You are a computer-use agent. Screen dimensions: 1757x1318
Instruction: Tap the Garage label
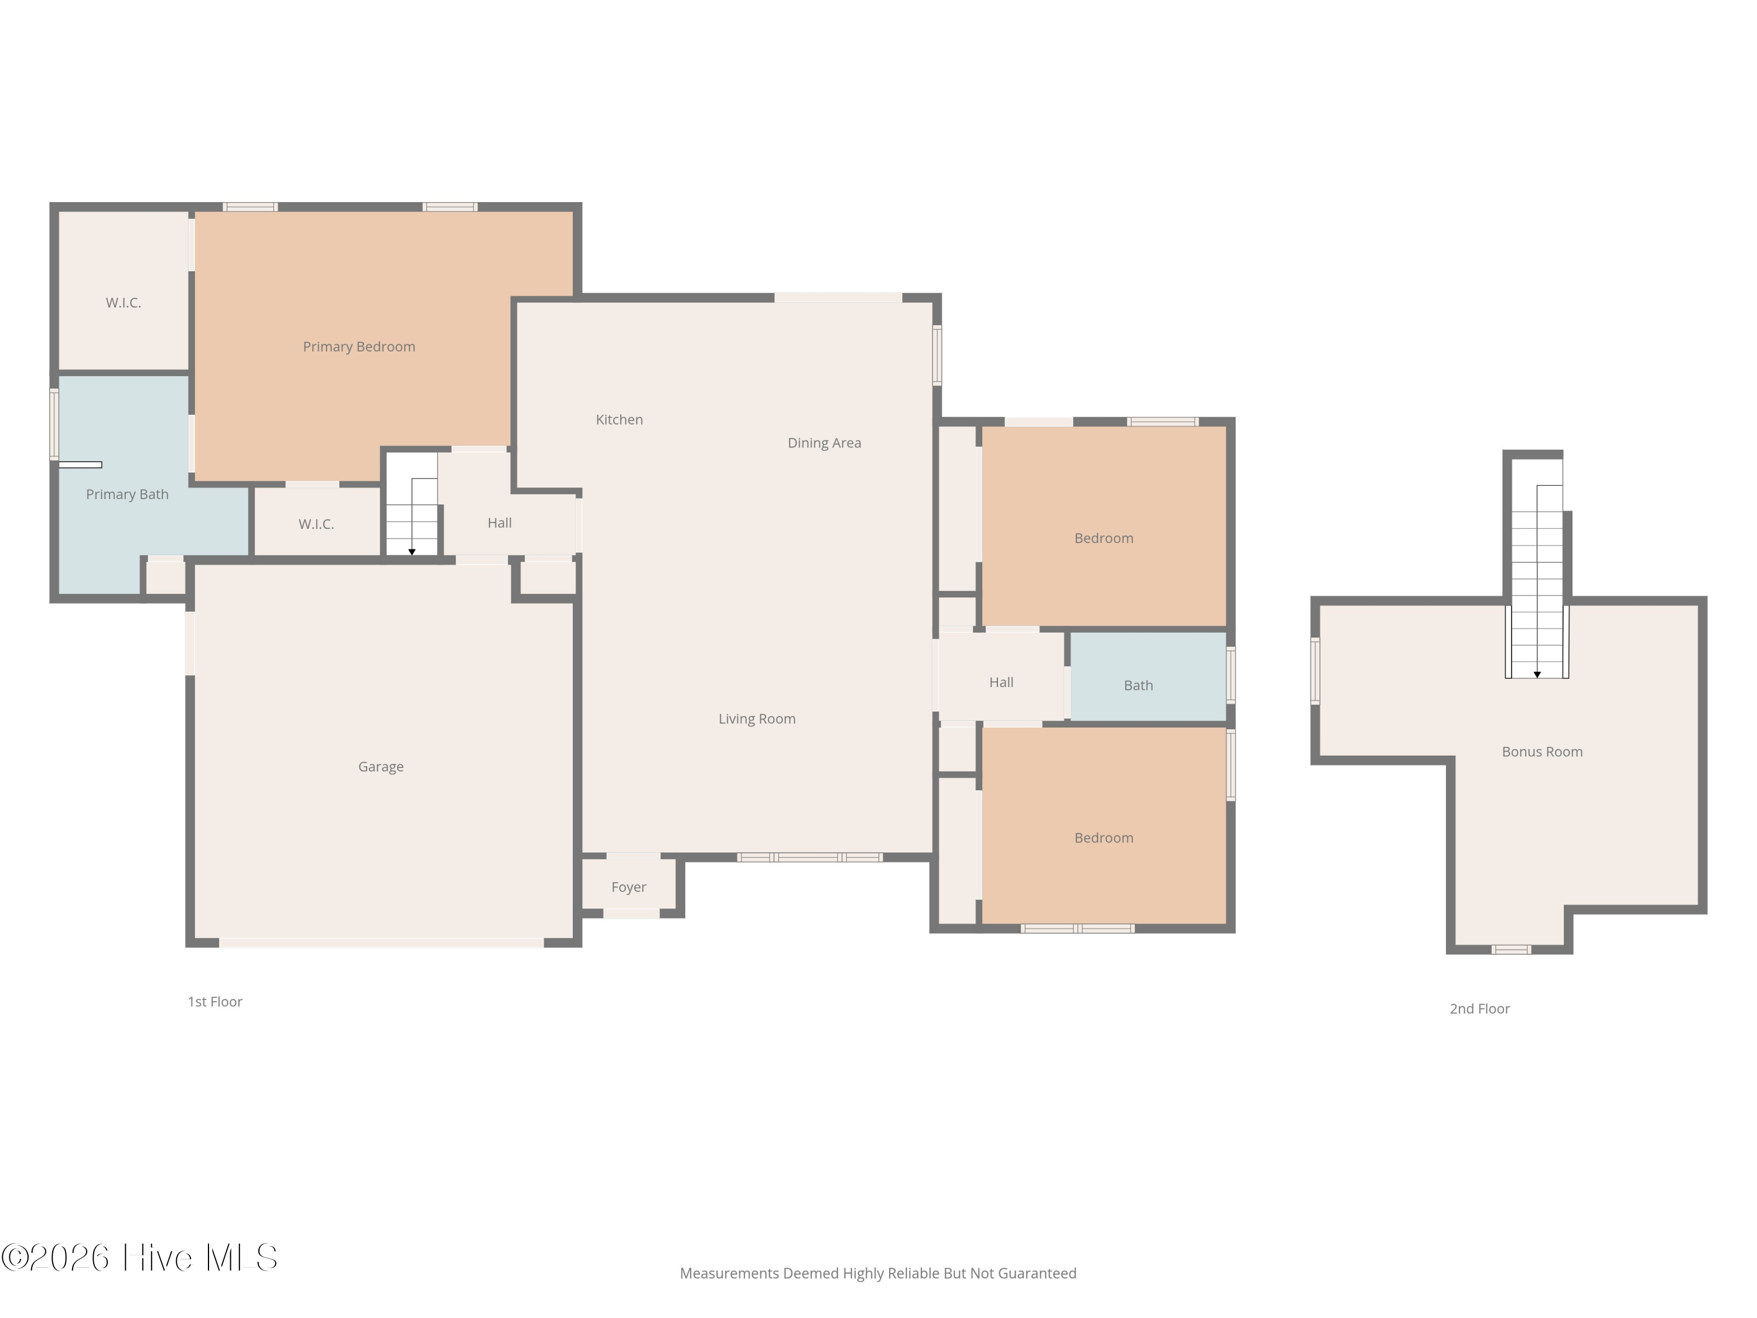tap(381, 767)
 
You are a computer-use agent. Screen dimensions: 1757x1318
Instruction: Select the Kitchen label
tap(620, 419)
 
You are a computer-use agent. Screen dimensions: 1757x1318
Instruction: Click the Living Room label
tap(757, 719)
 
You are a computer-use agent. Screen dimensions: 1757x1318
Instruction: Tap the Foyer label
tap(628, 887)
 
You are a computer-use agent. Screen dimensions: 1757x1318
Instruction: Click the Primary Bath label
tap(127, 494)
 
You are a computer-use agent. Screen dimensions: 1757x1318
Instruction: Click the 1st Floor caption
tap(214, 1002)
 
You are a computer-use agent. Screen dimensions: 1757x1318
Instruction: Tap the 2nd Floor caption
tap(1480, 1009)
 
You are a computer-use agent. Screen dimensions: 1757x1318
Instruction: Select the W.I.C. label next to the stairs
tap(316, 524)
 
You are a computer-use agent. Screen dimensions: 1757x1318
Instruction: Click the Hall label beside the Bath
tap(1001, 682)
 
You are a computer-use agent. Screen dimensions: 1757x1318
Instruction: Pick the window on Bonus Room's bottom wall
tap(1511, 950)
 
